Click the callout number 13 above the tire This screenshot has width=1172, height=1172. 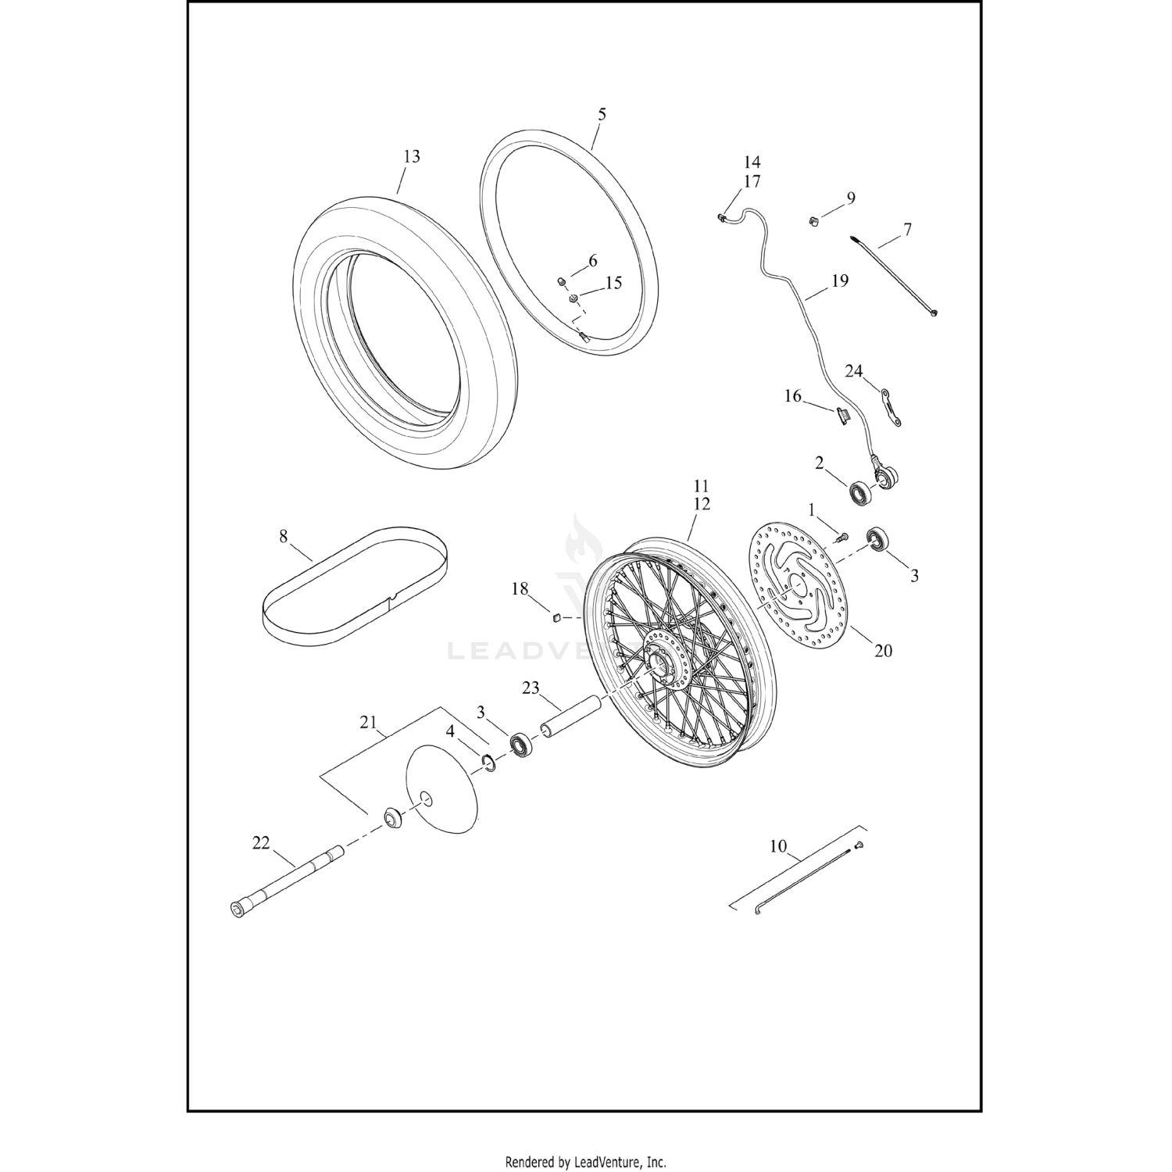pyautogui.click(x=411, y=157)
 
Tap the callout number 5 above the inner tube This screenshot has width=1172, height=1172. pyautogui.click(x=601, y=114)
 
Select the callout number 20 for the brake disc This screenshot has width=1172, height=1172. pyautogui.click(x=883, y=650)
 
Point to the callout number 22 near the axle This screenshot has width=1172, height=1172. pyautogui.click(x=260, y=843)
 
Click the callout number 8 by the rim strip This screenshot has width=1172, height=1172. pyautogui.click(x=283, y=537)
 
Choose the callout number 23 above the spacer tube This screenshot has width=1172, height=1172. pyautogui.click(x=531, y=688)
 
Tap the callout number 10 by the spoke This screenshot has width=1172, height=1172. pyautogui.click(x=778, y=846)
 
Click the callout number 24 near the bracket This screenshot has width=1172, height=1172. pyautogui.click(x=854, y=370)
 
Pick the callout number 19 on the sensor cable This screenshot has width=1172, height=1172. pyautogui.click(x=839, y=280)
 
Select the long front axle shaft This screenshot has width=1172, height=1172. pyautogui.click(x=289, y=882)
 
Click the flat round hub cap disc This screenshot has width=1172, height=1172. pyautogui.click(x=441, y=787)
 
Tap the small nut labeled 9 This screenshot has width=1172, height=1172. pyautogui.click(x=813, y=221)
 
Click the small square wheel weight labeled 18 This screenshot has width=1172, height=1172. pyautogui.click(x=554, y=618)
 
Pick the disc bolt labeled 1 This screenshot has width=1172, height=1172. pyautogui.click(x=841, y=538)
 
